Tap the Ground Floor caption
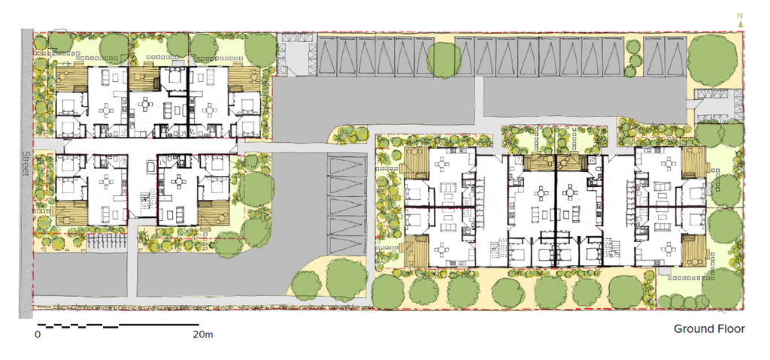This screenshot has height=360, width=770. tap(708, 329)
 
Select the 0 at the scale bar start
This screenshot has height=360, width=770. tap(37, 334)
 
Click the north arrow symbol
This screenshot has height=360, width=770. tap(741, 20)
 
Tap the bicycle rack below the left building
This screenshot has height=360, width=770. tap(105, 241)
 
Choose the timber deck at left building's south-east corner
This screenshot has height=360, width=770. tap(214, 213)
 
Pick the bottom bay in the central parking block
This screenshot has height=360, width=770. tap(347, 241)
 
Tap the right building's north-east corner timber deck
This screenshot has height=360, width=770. tap(694, 159)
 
